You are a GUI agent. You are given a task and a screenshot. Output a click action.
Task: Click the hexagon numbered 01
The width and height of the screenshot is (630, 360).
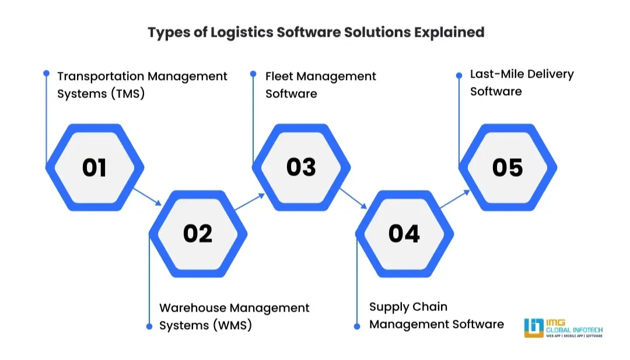[94, 167]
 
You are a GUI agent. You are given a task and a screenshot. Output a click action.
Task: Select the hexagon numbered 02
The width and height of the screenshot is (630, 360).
[198, 233]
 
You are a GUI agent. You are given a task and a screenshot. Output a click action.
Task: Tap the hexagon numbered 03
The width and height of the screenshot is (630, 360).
[301, 167]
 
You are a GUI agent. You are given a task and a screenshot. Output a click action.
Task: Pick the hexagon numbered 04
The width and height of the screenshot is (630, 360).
[404, 233]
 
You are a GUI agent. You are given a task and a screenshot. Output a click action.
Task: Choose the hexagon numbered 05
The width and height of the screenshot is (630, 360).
[508, 167]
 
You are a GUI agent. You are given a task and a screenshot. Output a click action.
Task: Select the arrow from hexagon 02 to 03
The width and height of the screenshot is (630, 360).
[249, 202]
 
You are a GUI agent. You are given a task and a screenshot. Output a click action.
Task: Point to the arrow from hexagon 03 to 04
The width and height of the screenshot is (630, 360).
[353, 198]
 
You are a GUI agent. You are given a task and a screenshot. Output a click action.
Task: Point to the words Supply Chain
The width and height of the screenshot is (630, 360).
[408, 307]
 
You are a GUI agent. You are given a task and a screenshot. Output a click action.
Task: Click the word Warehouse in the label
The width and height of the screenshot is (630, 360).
[192, 308]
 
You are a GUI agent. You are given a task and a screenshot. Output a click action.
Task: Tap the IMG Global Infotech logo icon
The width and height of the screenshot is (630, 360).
[534, 328]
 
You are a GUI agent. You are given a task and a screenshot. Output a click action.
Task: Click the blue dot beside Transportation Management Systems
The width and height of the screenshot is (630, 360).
[47, 74]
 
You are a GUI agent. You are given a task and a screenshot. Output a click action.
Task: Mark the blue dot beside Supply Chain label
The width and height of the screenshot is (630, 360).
[357, 326]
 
